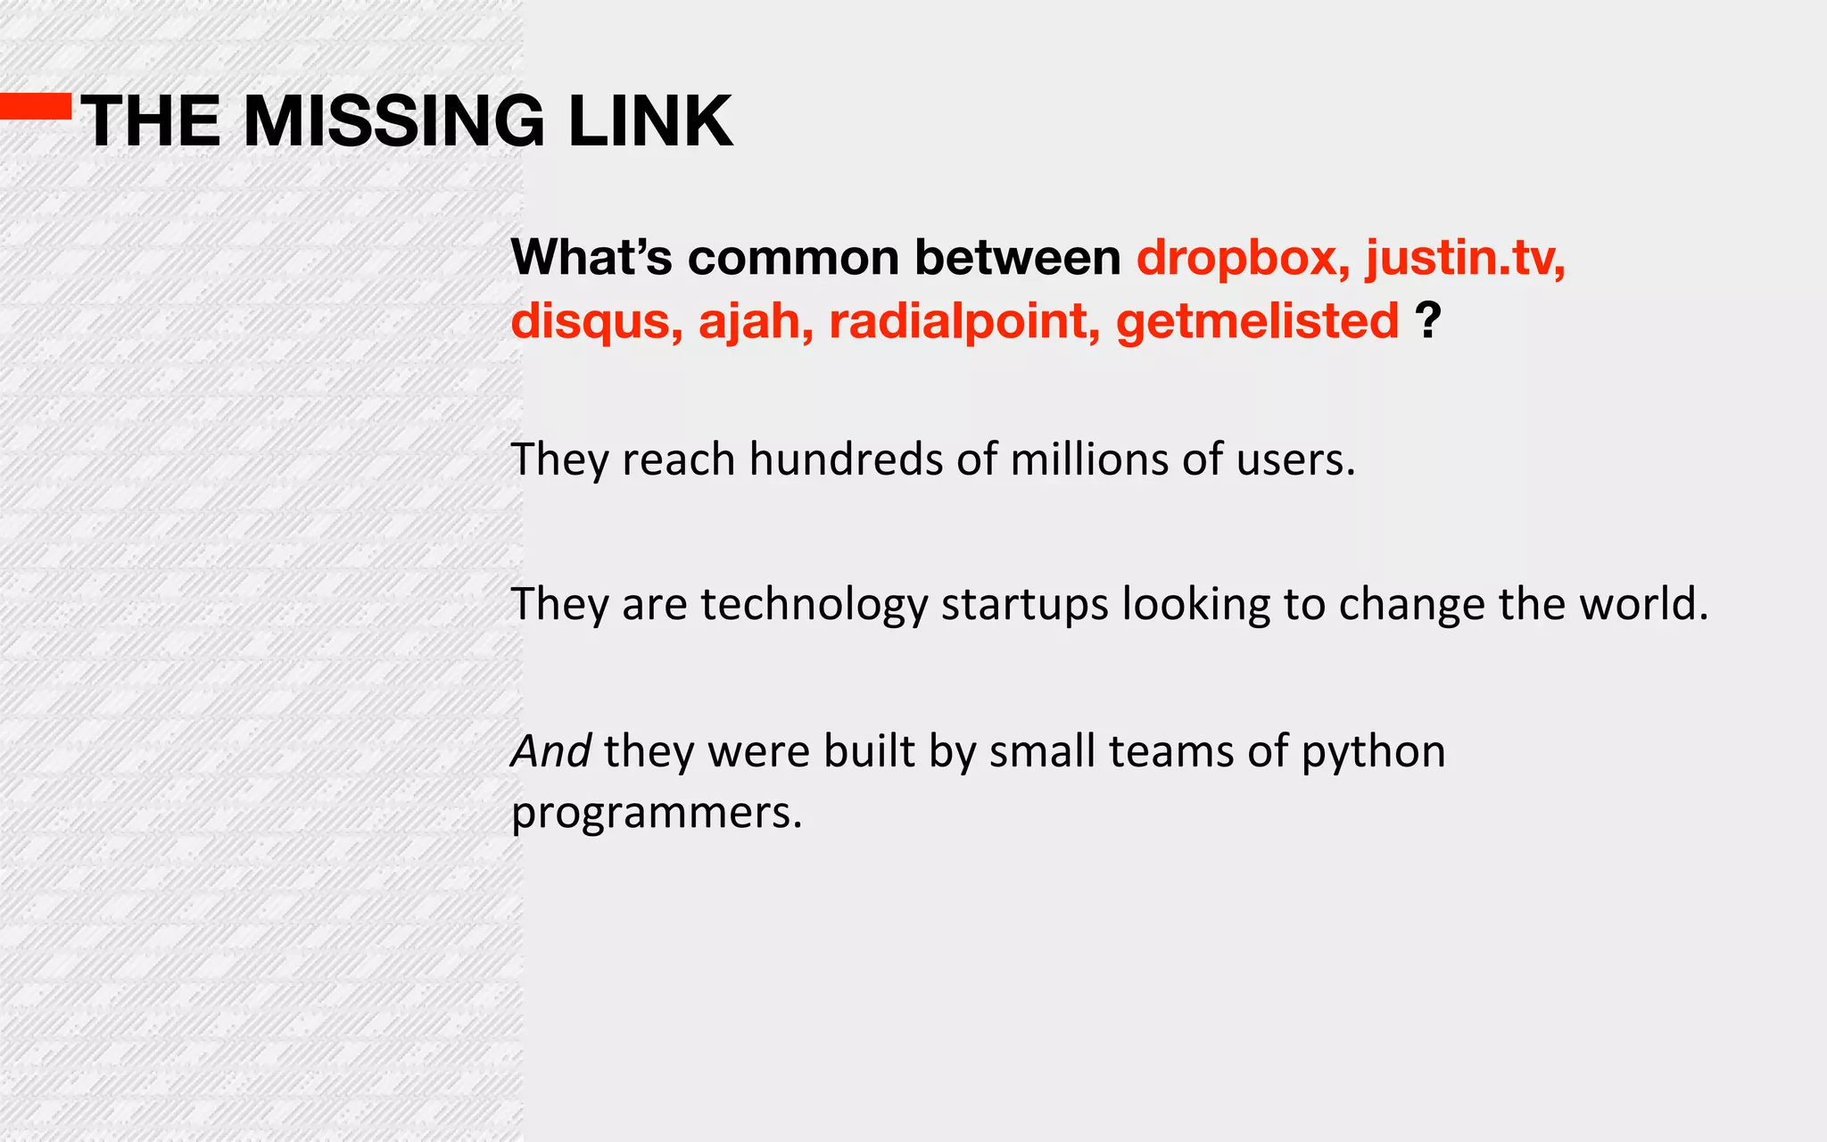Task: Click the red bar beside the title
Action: click(x=36, y=106)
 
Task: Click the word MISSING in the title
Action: click(x=393, y=121)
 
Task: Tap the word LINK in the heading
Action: click(x=650, y=121)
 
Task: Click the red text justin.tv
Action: click(x=1466, y=259)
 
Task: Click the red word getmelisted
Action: click(x=1257, y=321)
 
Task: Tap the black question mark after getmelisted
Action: click(x=1428, y=319)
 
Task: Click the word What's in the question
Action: click(x=591, y=258)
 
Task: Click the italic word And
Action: click(x=550, y=751)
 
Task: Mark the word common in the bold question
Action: click(x=793, y=259)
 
